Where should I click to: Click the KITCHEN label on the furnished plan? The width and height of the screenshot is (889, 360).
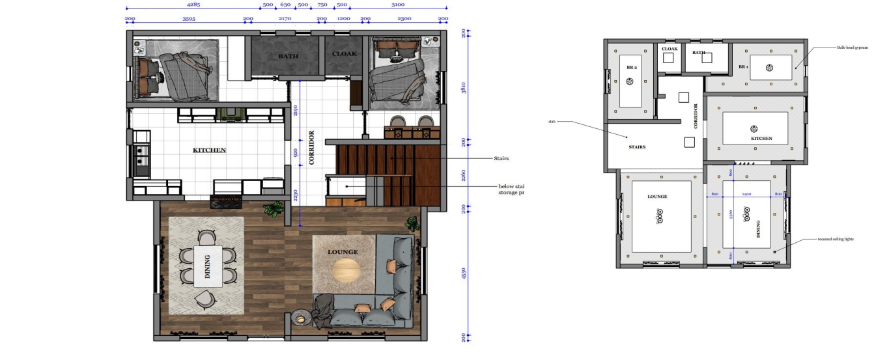(x=209, y=150)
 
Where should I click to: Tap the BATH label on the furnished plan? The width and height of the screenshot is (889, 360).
(x=288, y=56)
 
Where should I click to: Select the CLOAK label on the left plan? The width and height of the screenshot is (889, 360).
(x=345, y=53)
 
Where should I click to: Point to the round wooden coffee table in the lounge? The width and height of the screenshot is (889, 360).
(x=346, y=270)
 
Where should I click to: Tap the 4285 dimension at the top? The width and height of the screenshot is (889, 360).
(x=192, y=5)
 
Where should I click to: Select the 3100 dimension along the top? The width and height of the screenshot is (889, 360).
(x=398, y=5)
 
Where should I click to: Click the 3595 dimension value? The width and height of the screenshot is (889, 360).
(x=189, y=19)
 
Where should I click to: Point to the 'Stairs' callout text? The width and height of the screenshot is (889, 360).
(x=501, y=158)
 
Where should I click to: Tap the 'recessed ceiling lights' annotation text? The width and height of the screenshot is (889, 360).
(x=836, y=239)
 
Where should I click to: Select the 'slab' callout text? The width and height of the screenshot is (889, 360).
(x=551, y=121)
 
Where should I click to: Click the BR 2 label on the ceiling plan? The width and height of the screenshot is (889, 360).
(x=630, y=68)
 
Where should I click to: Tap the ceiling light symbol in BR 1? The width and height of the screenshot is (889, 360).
(x=769, y=68)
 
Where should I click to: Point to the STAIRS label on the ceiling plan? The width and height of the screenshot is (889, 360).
(x=636, y=147)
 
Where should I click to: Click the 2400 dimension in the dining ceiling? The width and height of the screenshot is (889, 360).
(x=746, y=194)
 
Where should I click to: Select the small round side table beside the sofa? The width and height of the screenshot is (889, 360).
(x=300, y=318)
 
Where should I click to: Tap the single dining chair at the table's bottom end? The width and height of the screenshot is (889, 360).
(x=205, y=299)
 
